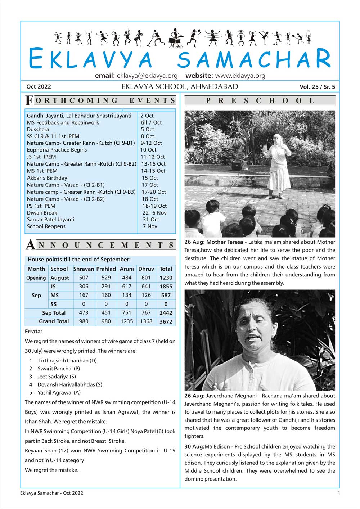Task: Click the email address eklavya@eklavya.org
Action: pos(147,76)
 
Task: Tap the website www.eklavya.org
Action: pos(240,76)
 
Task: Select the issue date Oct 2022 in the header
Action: pos(39,86)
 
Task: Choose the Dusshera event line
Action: pos(38,129)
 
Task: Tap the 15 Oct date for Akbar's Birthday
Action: pos(150,178)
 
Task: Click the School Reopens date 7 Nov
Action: pos(150,226)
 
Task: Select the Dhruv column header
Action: pos(146,269)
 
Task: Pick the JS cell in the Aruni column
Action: pos(127,287)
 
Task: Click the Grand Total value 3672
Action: pos(166,322)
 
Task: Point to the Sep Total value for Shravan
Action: pos(84,313)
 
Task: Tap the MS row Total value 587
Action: pos(166,295)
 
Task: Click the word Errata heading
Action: pos(33,331)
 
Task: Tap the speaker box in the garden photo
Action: pos(236,166)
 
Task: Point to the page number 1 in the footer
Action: pos(339,493)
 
